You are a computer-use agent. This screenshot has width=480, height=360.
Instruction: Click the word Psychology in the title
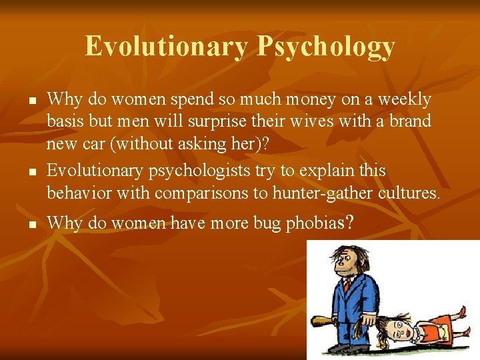click(x=326, y=47)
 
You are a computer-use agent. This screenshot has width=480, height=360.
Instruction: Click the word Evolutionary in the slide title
click(x=166, y=47)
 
